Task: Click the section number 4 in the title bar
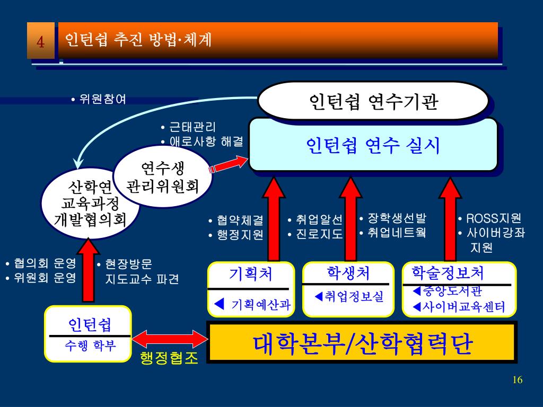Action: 40,41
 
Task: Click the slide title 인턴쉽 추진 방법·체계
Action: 138,40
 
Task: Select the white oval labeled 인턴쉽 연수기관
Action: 373,101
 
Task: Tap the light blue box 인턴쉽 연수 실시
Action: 373,145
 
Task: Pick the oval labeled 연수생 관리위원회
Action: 163,178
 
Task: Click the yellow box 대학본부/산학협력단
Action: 363,343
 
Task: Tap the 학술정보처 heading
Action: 448,273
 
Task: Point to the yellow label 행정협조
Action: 169,359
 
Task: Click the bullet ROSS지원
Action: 493,218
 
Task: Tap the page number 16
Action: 518,379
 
